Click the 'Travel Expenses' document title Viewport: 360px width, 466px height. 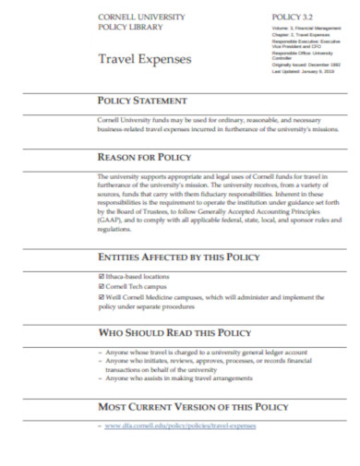coord(145,59)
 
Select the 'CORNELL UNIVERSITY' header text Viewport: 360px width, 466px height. coord(141,18)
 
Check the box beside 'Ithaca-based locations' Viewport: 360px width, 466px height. coord(101,275)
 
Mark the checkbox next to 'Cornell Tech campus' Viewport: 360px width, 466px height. coord(101,287)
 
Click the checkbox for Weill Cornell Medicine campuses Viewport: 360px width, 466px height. coord(101,298)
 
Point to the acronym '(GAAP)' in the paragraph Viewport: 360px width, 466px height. coord(109,225)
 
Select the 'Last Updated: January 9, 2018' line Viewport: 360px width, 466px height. coord(304,71)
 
